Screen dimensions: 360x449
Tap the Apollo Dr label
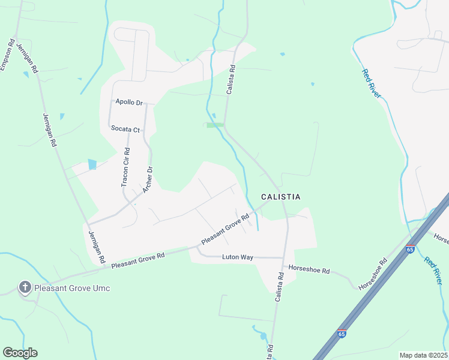pyautogui.click(x=129, y=103)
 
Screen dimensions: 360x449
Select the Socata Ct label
pyautogui.click(x=125, y=128)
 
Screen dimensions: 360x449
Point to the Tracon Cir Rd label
pyautogui.click(x=125, y=167)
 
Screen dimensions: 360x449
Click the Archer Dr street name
pyautogui.click(x=148, y=180)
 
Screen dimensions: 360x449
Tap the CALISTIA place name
pyautogui.click(x=280, y=197)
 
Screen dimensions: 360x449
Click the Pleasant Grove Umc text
pyautogui.click(x=72, y=288)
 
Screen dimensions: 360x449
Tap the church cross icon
pyautogui.click(x=25, y=287)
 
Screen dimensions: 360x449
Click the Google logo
pyautogui.click(x=20, y=353)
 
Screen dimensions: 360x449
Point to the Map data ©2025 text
pyautogui.click(x=423, y=355)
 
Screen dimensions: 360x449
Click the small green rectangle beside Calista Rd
pyautogui.click(x=215, y=125)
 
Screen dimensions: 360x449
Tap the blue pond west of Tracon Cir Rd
pyautogui.click(x=92, y=164)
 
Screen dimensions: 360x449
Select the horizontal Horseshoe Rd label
pyautogui.click(x=309, y=270)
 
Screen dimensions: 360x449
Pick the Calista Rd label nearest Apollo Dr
pyautogui.click(x=231, y=80)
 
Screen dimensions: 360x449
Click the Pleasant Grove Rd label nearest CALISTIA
pyautogui.click(x=225, y=230)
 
